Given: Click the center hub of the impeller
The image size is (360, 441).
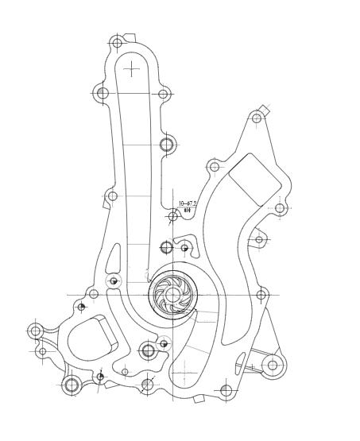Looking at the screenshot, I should pos(172,294).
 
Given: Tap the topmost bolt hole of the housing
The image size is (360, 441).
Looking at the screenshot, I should pos(117,42).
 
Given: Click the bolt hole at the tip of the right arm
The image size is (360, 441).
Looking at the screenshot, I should pos(256,118).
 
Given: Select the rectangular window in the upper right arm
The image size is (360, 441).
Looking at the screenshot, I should pos(254,180).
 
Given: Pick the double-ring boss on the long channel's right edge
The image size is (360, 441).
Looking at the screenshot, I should pos(166,144).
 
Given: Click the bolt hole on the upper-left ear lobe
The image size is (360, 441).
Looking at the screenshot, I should pos(103,93).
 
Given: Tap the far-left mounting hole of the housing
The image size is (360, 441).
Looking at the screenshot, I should pos(35,330).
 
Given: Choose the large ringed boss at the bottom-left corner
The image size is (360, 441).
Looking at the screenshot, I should pos(71,385).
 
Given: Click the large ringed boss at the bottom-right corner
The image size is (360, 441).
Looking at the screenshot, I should pos(273,366).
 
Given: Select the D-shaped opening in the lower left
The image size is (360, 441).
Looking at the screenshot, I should pos(89,339).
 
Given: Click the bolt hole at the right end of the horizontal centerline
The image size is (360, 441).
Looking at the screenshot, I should pos(261,295).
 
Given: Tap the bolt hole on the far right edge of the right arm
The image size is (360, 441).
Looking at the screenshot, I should pos(280,208).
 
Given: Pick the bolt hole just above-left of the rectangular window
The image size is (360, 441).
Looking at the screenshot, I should pos(214,167).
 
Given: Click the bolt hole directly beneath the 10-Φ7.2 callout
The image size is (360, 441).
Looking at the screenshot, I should pos(172,216).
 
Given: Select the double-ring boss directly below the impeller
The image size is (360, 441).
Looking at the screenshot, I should pos(148,350).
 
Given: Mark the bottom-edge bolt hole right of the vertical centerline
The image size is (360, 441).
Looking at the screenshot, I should pos(226,390).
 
